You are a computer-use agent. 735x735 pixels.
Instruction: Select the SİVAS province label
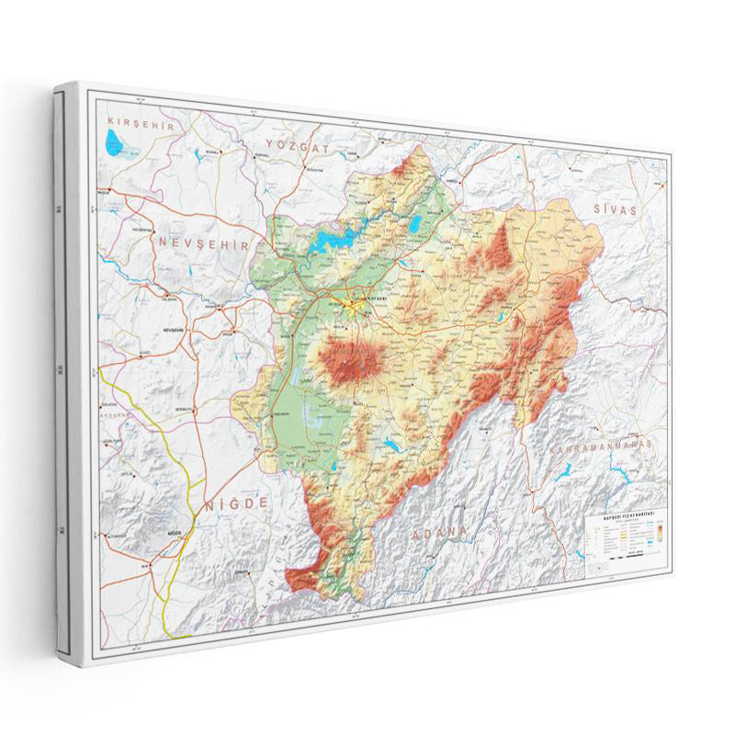coord(614,209)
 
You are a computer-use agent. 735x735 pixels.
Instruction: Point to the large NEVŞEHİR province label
coord(203,243)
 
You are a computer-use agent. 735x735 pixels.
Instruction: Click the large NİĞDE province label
coord(237,503)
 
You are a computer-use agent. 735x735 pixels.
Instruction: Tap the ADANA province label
coord(439,533)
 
